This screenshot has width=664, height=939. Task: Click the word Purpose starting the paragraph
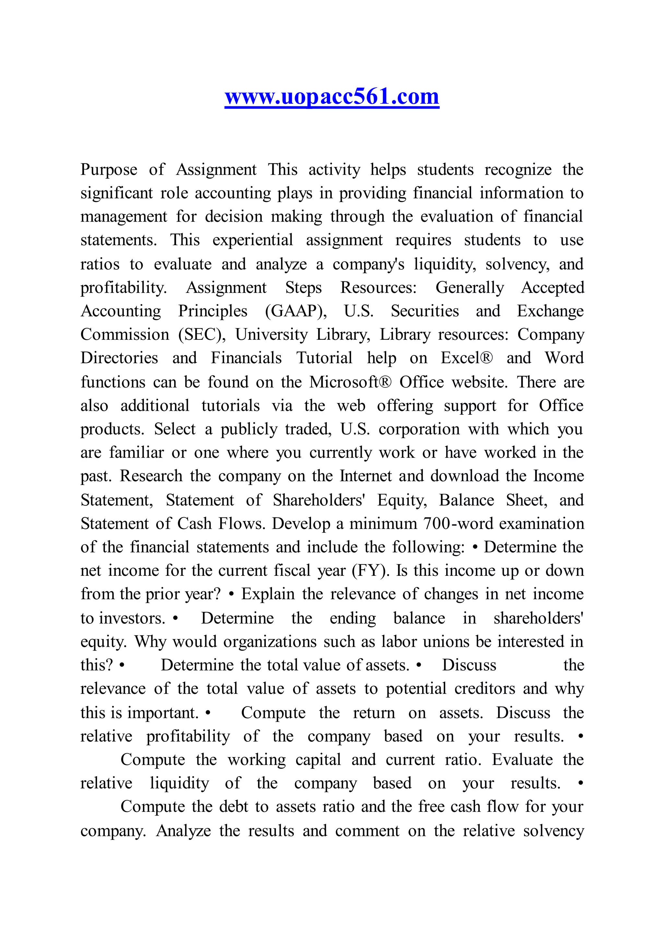coord(109,170)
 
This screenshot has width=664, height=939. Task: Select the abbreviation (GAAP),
coord(296,311)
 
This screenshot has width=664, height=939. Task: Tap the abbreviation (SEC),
coord(202,335)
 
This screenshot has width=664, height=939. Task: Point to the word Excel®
coord(467,358)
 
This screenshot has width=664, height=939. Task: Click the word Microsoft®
coord(350,382)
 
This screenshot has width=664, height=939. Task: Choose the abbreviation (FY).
coord(371,571)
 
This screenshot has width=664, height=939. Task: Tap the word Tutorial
coord(324,358)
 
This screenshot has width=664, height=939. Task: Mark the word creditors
coord(484,689)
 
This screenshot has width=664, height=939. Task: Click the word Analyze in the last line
coord(183,831)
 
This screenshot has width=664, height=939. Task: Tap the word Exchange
coord(550,311)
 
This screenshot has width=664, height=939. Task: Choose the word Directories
coord(119,358)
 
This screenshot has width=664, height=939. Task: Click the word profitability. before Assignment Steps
coord(124,288)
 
